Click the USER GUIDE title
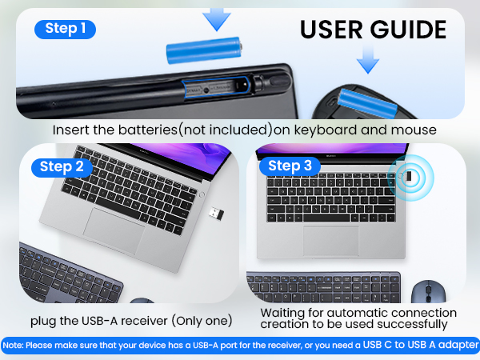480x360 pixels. pyautogui.click(x=373, y=30)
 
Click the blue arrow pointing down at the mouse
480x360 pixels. pyautogui.click(x=367, y=58)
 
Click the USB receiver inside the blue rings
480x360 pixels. pyautogui.click(x=410, y=177)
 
